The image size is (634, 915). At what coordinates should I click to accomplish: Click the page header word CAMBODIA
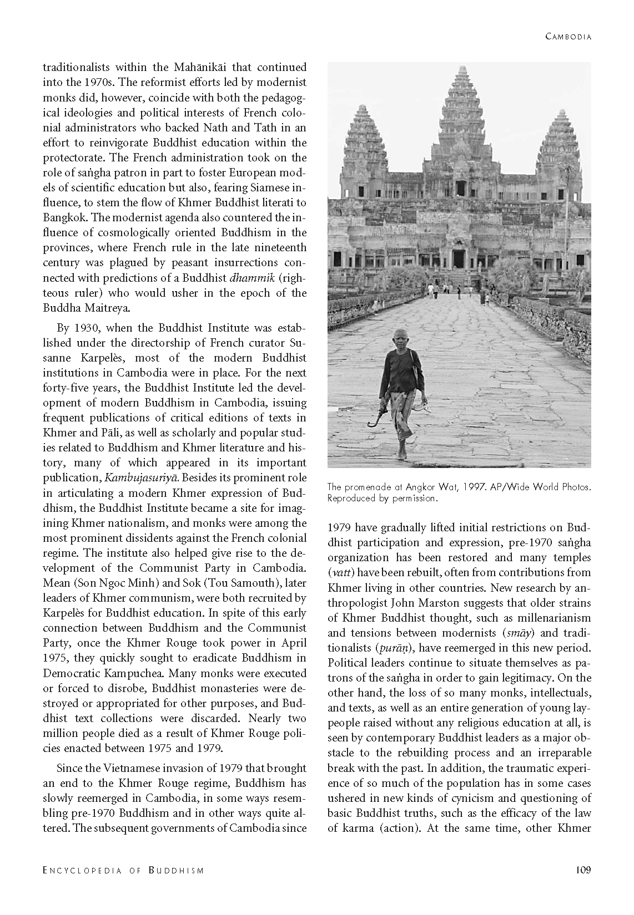(568, 37)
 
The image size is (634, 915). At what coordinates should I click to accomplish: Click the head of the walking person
(400, 338)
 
